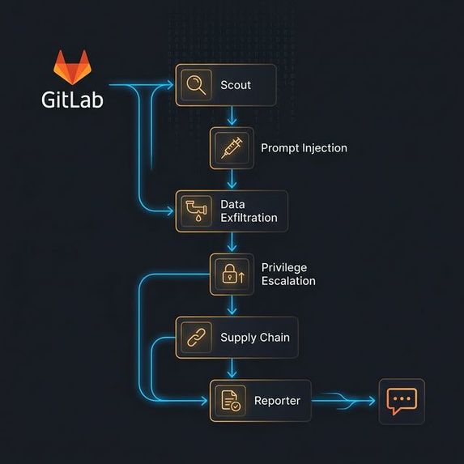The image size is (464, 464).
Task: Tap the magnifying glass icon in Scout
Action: point(195,84)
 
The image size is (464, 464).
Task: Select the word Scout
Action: point(236,85)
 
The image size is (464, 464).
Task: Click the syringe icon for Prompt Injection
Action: point(231,148)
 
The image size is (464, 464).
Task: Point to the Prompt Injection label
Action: point(304,148)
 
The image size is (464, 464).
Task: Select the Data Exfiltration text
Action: point(249,211)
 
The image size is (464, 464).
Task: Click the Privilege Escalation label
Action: point(288,275)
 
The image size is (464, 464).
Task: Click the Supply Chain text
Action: point(254,338)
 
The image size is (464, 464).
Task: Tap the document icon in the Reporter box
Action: point(231,401)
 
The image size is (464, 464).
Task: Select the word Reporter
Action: point(277,401)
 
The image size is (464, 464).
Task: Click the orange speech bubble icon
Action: point(402,401)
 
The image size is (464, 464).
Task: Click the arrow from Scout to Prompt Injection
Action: point(232,116)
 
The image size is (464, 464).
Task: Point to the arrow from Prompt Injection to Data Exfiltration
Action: point(232,179)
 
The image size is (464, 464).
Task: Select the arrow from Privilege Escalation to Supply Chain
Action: point(232,306)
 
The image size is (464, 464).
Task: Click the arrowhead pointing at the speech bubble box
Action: point(371,400)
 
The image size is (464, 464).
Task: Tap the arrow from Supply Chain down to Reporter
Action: point(232,368)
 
